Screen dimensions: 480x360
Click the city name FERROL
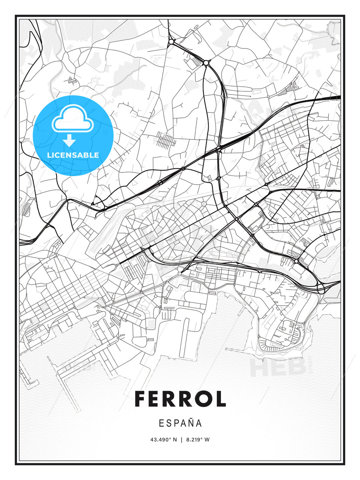[x=180, y=399]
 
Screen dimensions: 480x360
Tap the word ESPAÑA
[x=180, y=423]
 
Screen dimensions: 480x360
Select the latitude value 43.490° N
[x=164, y=440]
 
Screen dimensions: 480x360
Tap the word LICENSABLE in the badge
[x=73, y=155]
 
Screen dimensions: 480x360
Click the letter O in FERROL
[x=203, y=399]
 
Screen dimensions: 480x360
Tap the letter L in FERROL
[x=221, y=399]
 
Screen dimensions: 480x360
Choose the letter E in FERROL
[x=156, y=399]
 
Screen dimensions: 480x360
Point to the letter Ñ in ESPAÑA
[x=190, y=423]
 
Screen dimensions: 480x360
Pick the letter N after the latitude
[x=175, y=440]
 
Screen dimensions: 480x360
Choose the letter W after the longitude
[x=207, y=440]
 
